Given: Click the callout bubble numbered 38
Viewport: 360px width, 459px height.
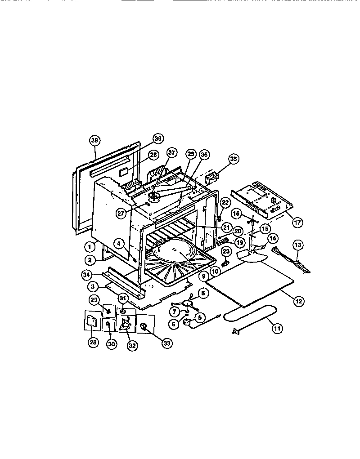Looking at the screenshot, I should (x=94, y=140).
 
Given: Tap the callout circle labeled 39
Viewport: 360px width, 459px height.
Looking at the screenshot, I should (x=157, y=138).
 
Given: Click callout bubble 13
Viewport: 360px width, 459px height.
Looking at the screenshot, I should (x=298, y=245).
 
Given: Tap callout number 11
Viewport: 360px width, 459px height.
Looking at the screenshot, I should (x=277, y=329).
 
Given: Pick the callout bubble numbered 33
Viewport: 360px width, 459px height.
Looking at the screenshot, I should (x=166, y=343).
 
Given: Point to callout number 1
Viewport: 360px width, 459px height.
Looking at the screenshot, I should (x=90, y=246).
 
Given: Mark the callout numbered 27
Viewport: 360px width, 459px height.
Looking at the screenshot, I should (x=121, y=214).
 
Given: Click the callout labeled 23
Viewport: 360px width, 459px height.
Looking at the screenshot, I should (x=226, y=251).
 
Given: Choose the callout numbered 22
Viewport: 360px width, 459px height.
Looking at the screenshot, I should (x=225, y=203).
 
